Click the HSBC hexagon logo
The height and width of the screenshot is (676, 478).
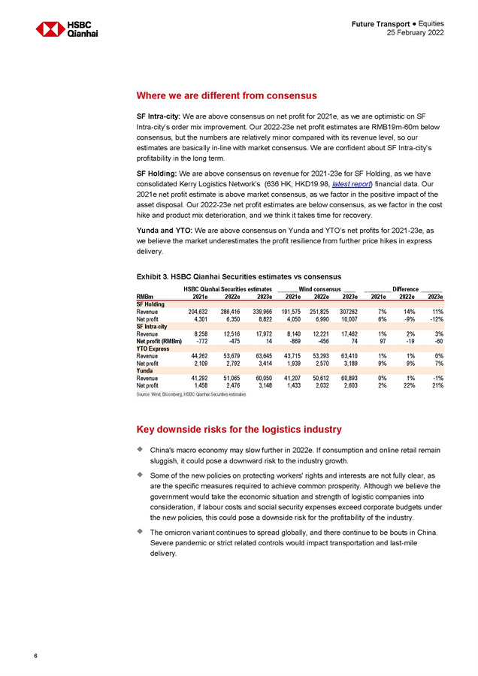tap(50, 29)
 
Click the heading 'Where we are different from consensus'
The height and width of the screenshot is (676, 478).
tap(226, 95)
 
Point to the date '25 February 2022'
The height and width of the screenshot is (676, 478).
tap(414, 34)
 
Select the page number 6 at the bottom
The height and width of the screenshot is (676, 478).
tap(35, 656)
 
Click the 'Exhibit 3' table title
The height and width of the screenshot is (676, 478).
tap(239, 276)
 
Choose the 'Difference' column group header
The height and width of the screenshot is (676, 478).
tap(405, 289)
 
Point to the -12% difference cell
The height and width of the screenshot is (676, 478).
tap(435, 318)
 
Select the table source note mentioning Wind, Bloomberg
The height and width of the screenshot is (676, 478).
tap(191, 394)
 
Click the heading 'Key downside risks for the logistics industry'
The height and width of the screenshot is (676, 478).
tap(239, 429)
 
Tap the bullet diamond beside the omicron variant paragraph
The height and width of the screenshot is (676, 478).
tap(140, 530)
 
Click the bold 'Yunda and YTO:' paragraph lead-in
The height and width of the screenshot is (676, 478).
tap(161, 230)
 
